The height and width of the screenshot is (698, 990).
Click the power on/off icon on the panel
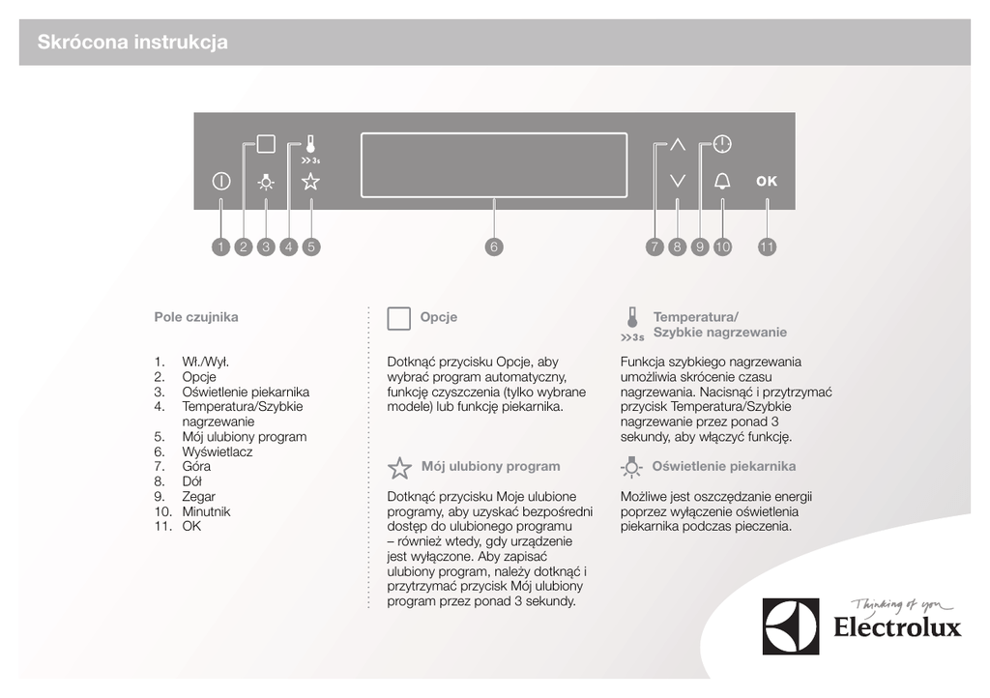coord(220,181)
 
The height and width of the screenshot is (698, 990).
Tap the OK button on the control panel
coord(767,181)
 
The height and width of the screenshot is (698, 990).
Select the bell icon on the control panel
coord(722,181)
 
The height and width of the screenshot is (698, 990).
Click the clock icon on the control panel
coord(722,145)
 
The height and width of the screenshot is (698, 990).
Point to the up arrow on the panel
coord(677,145)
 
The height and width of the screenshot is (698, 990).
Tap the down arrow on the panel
coord(677,181)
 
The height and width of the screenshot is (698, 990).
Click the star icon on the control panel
coord(310,181)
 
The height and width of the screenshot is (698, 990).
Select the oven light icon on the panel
coord(266,181)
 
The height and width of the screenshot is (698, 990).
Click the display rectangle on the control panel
coord(493,164)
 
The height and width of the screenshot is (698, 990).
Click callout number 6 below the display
coord(493,247)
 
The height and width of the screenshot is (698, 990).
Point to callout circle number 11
coord(767,247)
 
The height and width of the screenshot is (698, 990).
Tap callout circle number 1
coord(220,247)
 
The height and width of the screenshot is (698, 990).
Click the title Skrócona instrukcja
coord(132,43)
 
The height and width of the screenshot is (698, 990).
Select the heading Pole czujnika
coord(196,317)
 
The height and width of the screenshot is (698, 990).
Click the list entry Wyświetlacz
coord(218,451)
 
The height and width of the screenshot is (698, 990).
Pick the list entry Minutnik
coord(206,511)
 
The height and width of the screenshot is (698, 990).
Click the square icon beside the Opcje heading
coord(398,319)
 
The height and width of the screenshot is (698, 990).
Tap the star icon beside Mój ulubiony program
coord(399,469)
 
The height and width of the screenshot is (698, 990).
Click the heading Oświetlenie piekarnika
coord(724,467)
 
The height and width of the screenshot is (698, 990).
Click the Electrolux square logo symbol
coord(790,625)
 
